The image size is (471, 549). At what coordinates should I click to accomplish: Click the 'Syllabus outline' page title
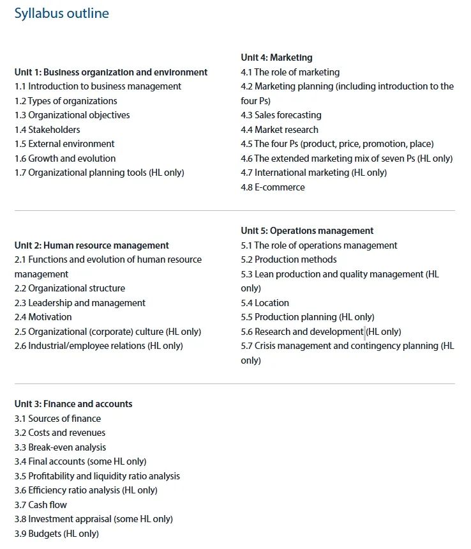click(61, 13)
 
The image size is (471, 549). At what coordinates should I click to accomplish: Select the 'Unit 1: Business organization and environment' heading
click(111, 72)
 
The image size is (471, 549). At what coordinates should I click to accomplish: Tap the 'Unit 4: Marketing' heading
click(276, 58)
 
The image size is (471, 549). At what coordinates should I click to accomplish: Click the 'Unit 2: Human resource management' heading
click(91, 245)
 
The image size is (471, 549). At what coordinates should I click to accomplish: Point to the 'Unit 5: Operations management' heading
click(307, 231)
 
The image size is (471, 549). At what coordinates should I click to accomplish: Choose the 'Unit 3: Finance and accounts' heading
click(73, 404)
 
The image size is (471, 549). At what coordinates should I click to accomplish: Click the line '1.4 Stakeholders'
click(47, 130)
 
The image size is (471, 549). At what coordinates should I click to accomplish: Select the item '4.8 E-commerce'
click(273, 187)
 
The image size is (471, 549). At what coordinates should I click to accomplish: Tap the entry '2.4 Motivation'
click(43, 317)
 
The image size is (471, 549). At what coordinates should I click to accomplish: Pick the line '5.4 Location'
click(265, 303)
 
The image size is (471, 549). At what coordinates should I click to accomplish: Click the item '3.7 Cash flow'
click(41, 505)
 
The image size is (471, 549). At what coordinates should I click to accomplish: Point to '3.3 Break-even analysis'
click(60, 447)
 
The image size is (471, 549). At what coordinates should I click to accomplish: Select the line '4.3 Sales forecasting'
click(281, 115)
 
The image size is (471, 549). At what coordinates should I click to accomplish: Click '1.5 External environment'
click(64, 144)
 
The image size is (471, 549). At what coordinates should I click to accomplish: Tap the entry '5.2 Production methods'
click(288, 259)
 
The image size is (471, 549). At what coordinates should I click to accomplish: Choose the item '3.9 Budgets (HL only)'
click(57, 534)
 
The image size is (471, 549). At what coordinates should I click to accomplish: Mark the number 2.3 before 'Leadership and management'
click(20, 303)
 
